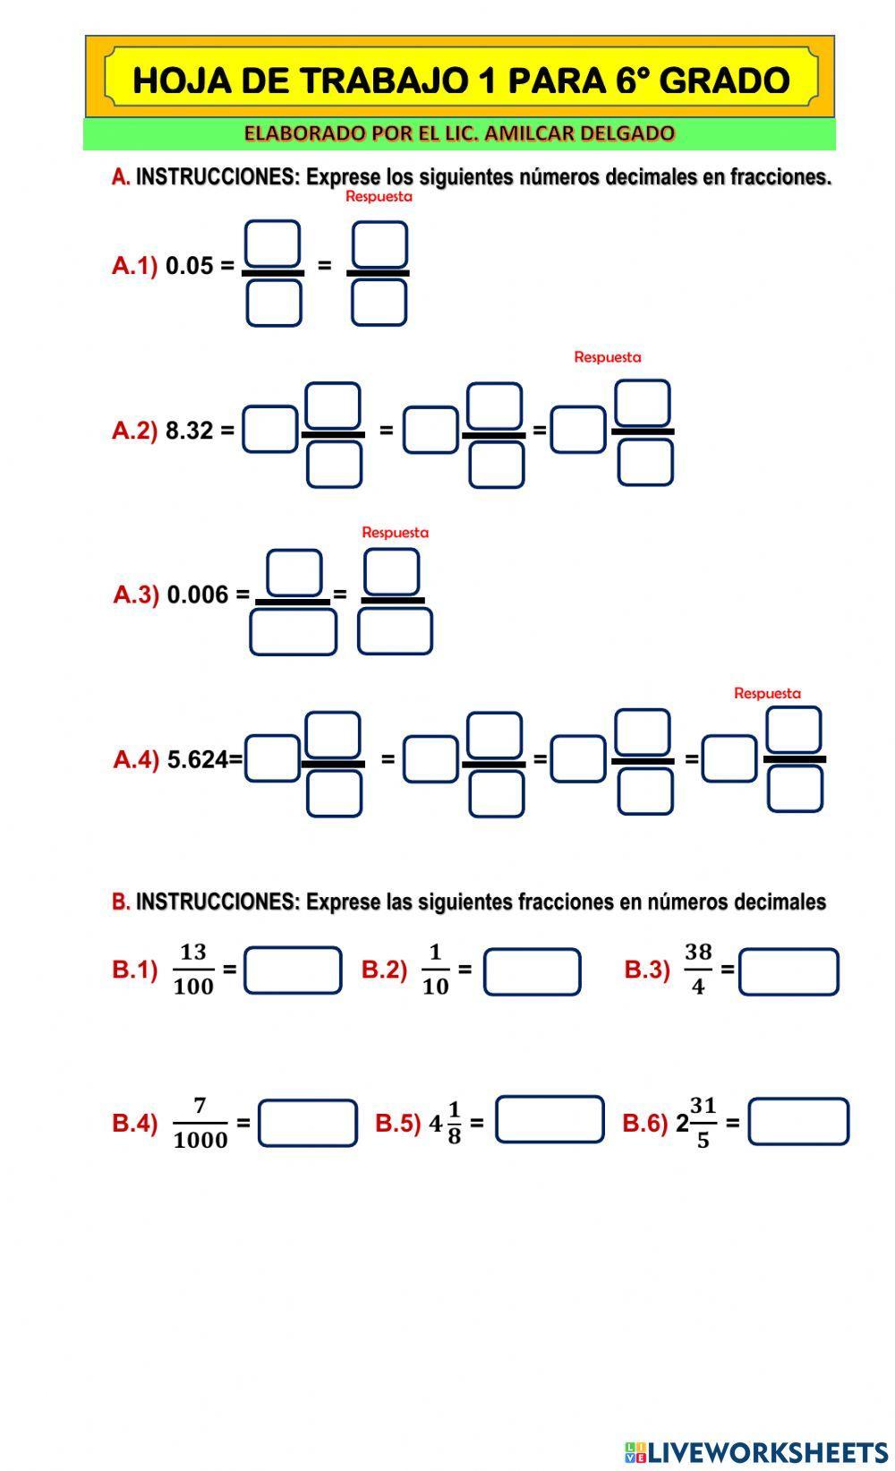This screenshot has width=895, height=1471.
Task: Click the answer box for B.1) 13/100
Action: coord(293,971)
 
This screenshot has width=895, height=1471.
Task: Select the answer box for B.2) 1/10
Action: coord(532,971)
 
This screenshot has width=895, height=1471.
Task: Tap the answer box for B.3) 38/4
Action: coord(788,972)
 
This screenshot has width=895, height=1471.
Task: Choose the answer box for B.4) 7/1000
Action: coord(307,1123)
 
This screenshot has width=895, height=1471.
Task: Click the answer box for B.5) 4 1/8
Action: coord(550,1119)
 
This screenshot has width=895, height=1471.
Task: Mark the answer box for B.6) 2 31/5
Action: coord(797,1122)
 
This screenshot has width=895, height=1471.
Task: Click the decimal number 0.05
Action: coord(189,266)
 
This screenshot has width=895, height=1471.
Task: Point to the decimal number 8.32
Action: coord(189,431)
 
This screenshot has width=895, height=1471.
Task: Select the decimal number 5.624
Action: coord(197,760)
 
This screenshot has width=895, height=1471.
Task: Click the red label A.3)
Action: coord(136,594)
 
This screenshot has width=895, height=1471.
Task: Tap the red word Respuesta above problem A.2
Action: coord(607,357)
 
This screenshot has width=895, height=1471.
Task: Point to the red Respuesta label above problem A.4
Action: coord(767,693)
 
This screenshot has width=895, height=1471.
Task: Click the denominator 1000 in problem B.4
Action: coord(200,1140)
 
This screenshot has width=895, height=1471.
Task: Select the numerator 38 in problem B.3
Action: coord(698,953)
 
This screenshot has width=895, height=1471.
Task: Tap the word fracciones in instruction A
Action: coord(780,177)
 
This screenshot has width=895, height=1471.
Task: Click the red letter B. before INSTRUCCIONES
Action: coord(121,902)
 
